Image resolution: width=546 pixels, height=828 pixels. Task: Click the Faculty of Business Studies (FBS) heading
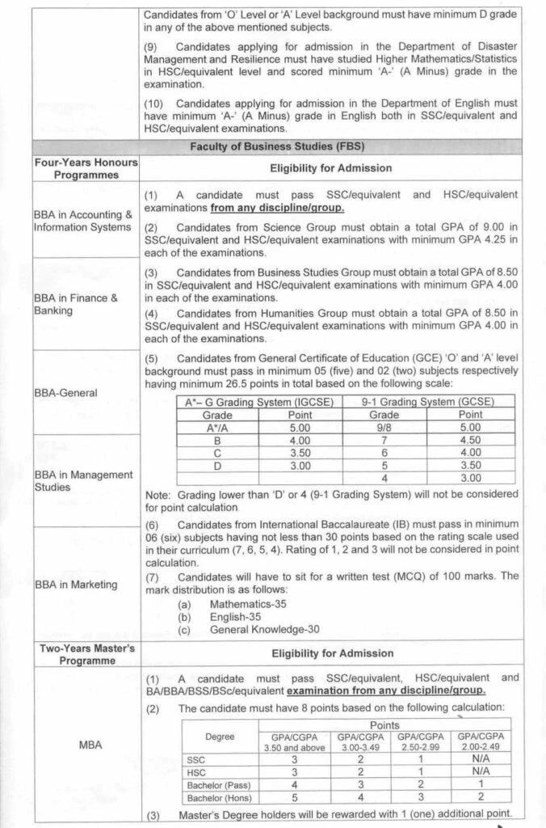[x=277, y=146]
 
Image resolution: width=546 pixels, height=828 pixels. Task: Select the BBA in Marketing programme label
[x=76, y=585]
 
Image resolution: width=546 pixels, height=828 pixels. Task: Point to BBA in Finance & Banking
[x=75, y=304]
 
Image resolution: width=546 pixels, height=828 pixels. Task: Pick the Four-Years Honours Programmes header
[x=86, y=168]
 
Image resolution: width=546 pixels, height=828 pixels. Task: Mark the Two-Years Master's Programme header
[x=86, y=654]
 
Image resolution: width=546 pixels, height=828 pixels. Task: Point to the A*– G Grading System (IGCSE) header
[x=258, y=402]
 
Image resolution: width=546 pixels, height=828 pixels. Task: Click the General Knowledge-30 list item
[x=264, y=629]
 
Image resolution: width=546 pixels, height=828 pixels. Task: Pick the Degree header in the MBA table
[x=220, y=736]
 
